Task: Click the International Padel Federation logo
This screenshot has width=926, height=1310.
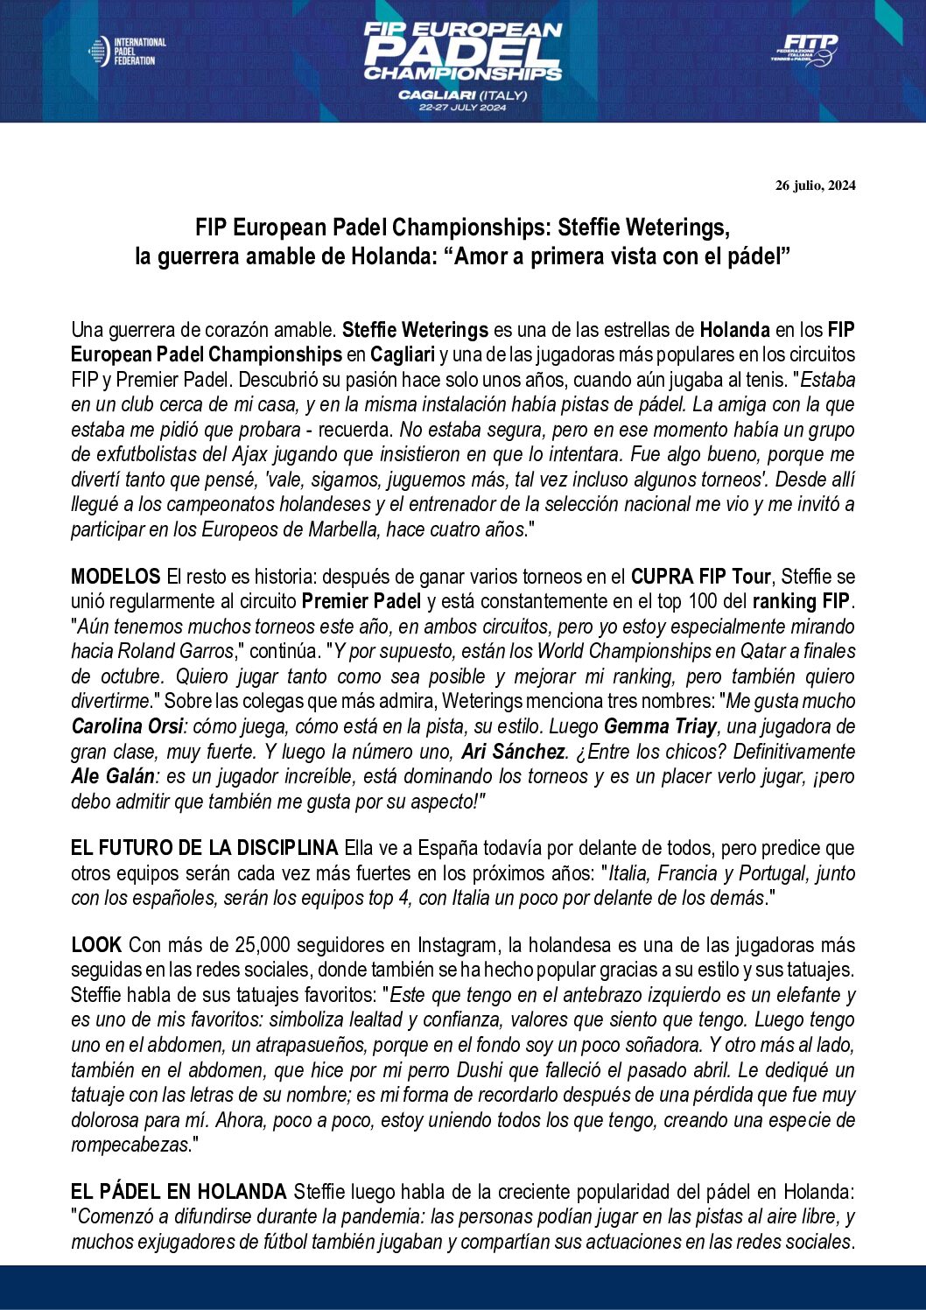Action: click(x=128, y=52)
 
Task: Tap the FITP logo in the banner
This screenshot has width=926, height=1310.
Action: click(x=804, y=50)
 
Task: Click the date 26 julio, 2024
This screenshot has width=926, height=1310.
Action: click(x=815, y=186)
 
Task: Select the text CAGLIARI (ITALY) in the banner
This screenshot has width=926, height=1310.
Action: click(x=462, y=95)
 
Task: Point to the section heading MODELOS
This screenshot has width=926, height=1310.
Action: click(x=116, y=577)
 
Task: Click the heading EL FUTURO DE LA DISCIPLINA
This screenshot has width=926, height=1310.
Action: click(x=204, y=848)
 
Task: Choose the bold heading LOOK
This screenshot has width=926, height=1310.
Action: click(x=96, y=945)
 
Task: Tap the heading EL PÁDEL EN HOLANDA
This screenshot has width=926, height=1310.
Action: click(x=179, y=1192)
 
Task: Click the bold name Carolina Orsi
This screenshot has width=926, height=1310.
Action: click(x=127, y=726)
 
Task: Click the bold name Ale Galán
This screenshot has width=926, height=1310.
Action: click(x=112, y=776)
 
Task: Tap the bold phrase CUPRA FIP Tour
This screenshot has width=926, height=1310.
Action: click(x=700, y=577)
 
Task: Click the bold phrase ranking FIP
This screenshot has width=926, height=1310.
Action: click(x=802, y=601)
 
